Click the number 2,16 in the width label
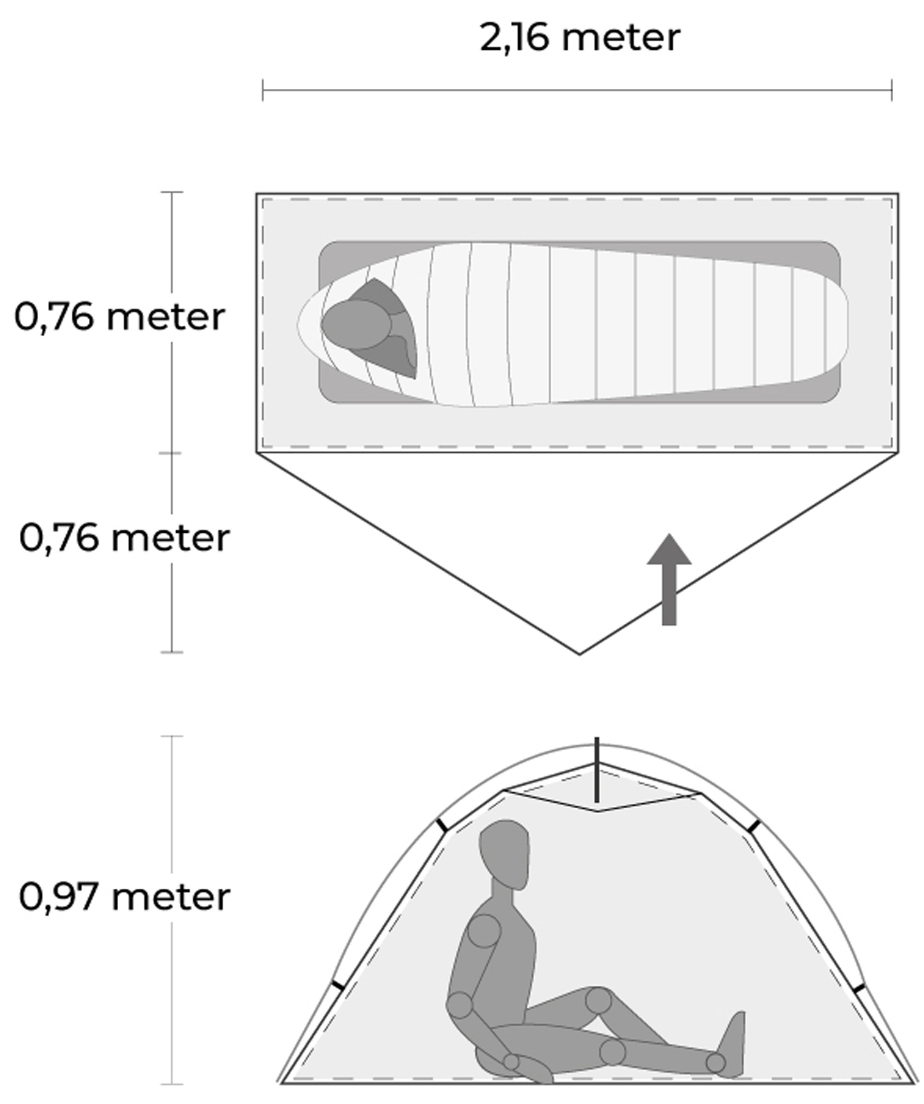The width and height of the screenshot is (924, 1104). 515,38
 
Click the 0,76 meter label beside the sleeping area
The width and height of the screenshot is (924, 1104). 120,317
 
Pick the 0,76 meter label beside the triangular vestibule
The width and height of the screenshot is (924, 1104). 125,538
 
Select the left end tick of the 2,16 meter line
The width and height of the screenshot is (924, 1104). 263,90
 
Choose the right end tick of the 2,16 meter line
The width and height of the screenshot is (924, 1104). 892,90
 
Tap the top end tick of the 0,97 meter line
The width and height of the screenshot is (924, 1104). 172,736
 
